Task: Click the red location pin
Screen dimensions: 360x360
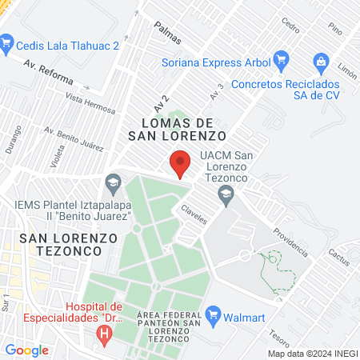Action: click(x=180, y=165)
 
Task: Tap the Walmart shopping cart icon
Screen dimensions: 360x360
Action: click(x=213, y=314)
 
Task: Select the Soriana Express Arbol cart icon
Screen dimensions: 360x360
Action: click(x=280, y=58)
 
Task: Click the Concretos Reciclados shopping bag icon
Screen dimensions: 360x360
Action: click(x=321, y=61)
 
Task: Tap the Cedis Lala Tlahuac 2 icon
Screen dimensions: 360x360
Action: click(x=8, y=40)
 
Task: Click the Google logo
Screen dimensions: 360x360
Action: click(x=26, y=350)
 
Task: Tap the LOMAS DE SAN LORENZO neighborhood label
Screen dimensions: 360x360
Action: click(x=182, y=129)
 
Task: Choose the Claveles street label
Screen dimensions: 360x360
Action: click(x=194, y=212)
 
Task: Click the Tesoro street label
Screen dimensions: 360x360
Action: click(x=279, y=322)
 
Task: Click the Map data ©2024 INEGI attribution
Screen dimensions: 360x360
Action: click(x=312, y=353)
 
